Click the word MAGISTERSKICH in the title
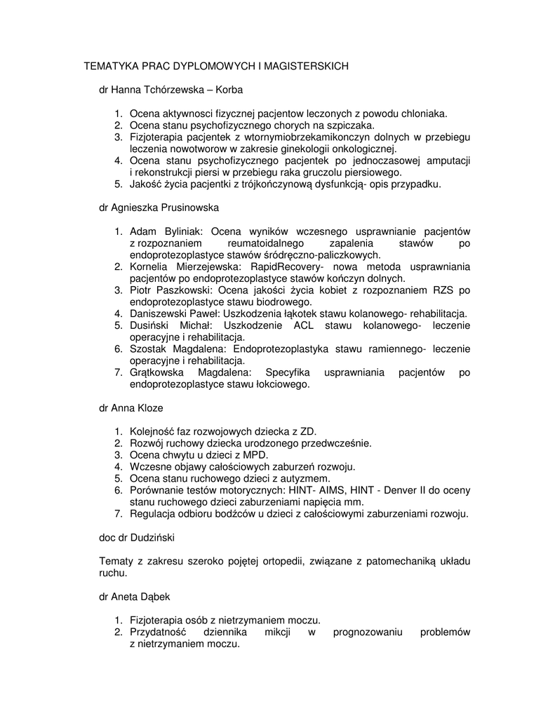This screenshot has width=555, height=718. point(307,66)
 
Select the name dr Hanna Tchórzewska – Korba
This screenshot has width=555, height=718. point(170,90)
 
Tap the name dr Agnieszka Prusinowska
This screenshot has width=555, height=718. point(159,208)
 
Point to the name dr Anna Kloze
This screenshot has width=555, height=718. point(131,407)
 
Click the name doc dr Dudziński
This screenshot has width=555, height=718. point(137,537)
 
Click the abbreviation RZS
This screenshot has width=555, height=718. point(445,290)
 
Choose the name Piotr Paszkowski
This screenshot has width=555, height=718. point(172,290)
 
